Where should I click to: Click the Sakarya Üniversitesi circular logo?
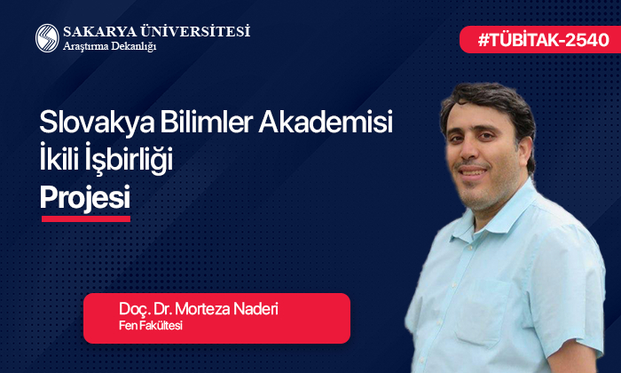47,37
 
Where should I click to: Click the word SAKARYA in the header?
97,31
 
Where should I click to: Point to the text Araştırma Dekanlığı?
109,46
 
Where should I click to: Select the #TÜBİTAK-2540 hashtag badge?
539,40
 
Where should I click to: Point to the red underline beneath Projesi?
85,218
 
